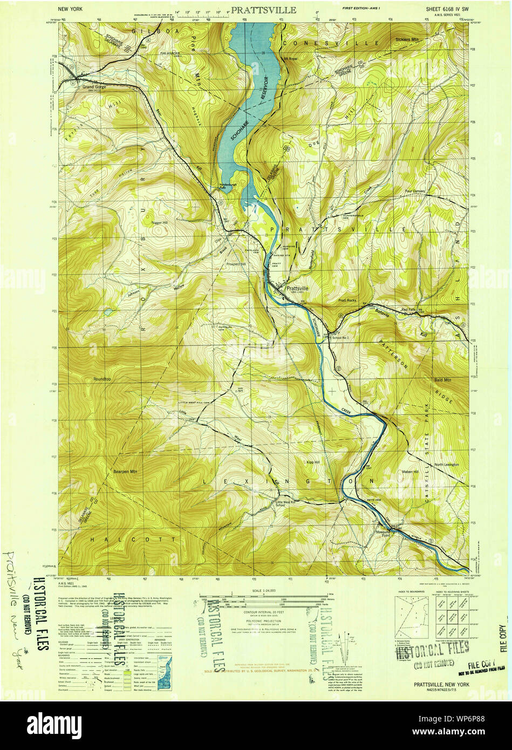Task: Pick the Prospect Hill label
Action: (x=236, y=264)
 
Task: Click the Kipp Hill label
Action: (x=313, y=462)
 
